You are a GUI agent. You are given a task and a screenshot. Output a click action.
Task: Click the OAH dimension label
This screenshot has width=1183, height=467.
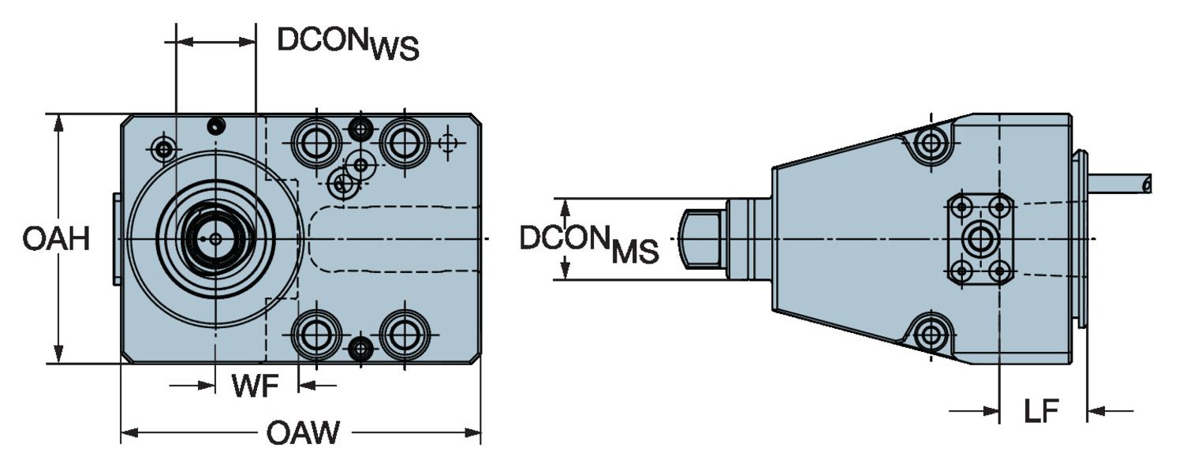(x=55, y=238)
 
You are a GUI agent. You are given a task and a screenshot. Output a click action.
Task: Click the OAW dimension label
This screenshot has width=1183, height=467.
(x=303, y=433)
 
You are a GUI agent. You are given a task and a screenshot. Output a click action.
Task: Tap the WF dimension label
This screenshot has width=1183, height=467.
(x=255, y=387)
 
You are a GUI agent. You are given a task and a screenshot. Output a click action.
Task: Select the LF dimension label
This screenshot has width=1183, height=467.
(x=1041, y=411)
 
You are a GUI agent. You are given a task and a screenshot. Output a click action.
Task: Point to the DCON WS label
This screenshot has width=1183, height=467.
(x=347, y=44)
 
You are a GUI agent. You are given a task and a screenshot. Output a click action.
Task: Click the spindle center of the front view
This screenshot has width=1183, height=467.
(x=215, y=238)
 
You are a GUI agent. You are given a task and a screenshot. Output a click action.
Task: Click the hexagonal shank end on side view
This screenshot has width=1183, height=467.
(x=702, y=238)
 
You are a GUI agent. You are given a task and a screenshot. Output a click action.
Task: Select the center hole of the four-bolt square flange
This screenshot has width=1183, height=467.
(x=980, y=238)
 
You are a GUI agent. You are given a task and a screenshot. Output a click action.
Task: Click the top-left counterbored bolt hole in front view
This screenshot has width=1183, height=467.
(x=316, y=142)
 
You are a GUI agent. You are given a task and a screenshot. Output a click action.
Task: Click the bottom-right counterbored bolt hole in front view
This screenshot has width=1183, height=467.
(x=405, y=334)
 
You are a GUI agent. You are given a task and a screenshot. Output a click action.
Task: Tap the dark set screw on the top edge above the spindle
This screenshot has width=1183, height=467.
(x=215, y=125)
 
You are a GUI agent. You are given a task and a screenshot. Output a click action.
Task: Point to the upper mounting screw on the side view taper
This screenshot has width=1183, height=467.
(x=932, y=144)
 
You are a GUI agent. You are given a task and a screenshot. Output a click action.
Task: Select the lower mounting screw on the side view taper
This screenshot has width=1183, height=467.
(x=931, y=334)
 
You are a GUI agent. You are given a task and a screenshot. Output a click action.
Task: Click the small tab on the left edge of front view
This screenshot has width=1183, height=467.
(x=117, y=238)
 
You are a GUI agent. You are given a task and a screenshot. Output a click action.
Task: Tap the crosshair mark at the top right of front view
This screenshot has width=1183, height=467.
(x=448, y=143)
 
